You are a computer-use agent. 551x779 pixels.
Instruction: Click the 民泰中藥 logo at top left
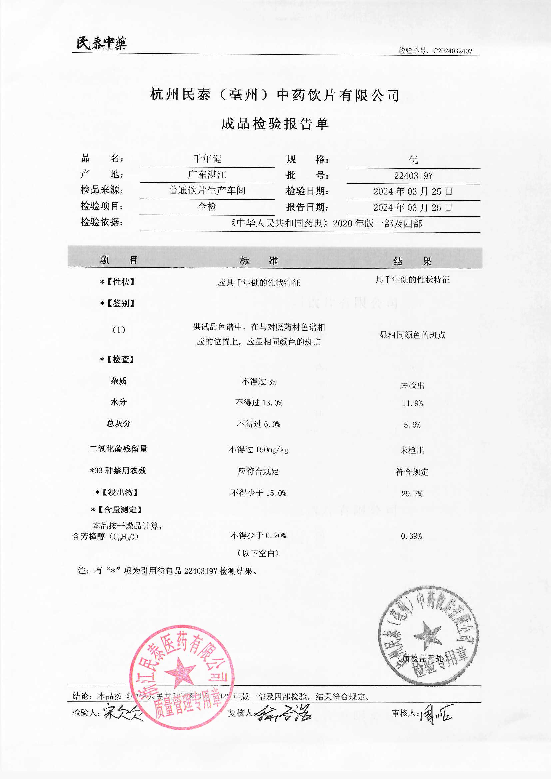pos(102,43)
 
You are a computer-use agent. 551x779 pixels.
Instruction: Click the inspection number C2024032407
pos(453,51)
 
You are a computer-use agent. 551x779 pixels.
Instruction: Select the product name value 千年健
pos(207,159)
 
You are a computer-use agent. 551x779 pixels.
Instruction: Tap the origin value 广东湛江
pos(207,174)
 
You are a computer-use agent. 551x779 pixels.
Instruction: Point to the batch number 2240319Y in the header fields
pos(413,176)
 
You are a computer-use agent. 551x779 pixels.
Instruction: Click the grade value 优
pos(413,160)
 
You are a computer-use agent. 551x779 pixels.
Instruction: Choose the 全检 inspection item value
pos(207,206)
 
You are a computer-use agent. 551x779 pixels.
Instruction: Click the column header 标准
pos(259,261)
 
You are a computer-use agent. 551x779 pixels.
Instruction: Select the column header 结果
pos(412,261)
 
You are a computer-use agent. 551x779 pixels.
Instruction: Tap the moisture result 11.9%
pos(412,403)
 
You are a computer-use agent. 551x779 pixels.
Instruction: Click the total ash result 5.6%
pos(412,425)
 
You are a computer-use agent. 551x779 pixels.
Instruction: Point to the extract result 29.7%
pos(412,494)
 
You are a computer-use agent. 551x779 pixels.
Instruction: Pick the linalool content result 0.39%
pos(411,536)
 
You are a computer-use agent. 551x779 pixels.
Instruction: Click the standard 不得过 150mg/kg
pos(259,450)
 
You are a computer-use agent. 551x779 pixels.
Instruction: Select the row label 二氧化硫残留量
pos(118,449)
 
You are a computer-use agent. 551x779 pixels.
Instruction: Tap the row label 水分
pos(118,402)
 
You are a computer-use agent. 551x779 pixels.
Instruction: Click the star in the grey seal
pos(427,634)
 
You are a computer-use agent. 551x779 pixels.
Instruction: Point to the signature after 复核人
pos(283,713)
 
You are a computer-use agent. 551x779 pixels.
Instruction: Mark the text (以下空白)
pos(259,553)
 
